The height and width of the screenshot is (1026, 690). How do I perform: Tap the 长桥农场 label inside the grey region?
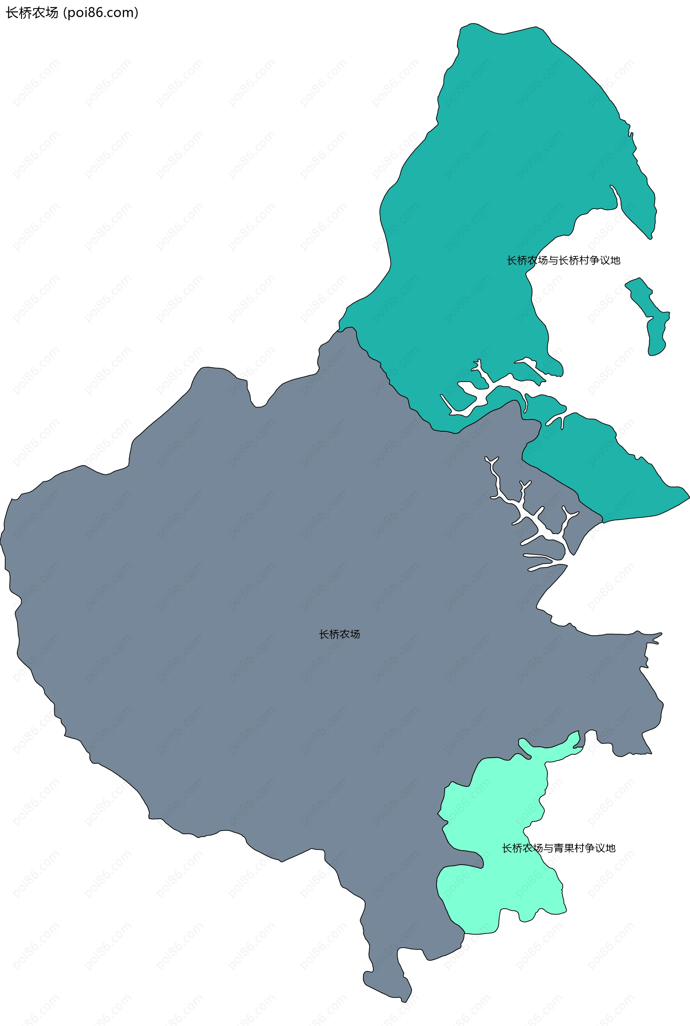(339, 634)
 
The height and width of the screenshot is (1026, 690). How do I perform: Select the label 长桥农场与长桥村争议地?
(563, 260)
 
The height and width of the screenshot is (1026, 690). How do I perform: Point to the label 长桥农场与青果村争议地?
(558, 848)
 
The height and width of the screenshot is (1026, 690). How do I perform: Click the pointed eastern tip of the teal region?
(687, 496)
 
